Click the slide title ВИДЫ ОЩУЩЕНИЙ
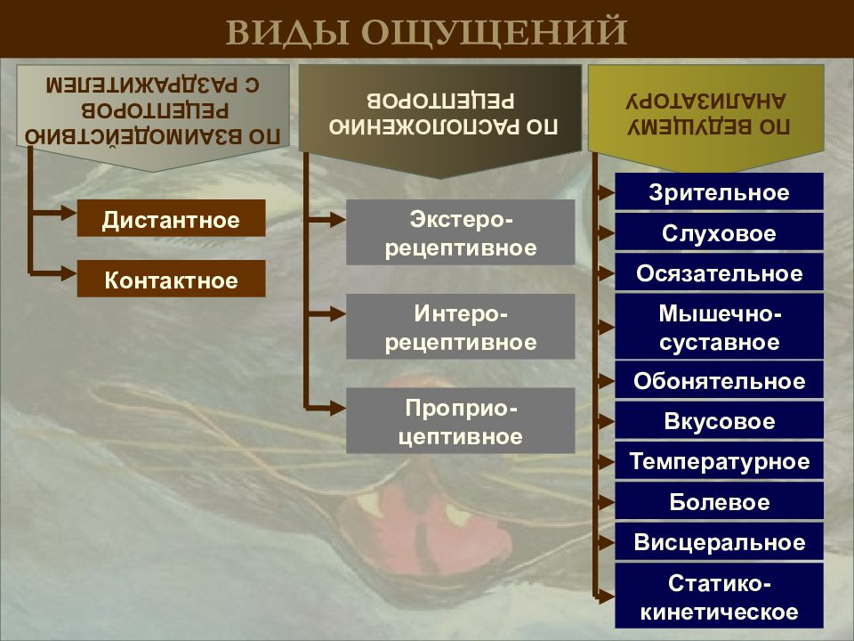(426, 32)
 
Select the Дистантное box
(171, 218)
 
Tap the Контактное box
(171, 279)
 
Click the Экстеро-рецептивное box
(460, 232)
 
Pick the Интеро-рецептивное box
(460, 327)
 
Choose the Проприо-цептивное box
(460, 421)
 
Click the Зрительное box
(719, 191)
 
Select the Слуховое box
(719, 231)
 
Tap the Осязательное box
(719, 272)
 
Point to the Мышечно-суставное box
(719, 327)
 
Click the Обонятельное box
(719, 380)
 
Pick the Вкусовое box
(719, 420)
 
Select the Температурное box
(719, 460)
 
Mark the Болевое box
(719, 501)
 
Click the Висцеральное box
(719, 541)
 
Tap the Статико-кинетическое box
(719, 596)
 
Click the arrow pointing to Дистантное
(53, 213)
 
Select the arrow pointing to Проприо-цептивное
(326, 407)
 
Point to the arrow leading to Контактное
(53, 273)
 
